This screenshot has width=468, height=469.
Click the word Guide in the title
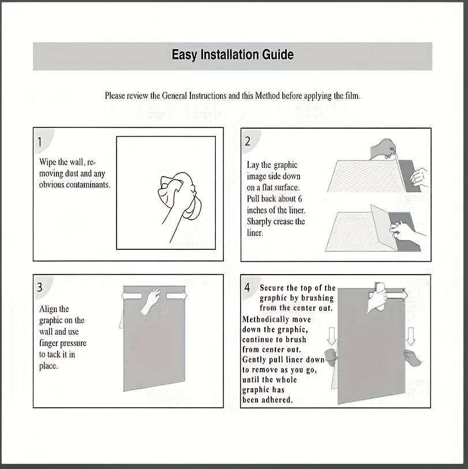click(x=278, y=54)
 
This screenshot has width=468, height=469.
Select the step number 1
click(x=39, y=142)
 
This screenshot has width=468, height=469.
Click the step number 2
click(x=248, y=141)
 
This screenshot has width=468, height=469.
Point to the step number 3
click(x=40, y=287)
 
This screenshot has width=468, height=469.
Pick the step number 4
click(x=247, y=287)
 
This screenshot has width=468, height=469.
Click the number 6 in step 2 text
click(x=300, y=199)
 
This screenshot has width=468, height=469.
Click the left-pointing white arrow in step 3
click(x=132, y=296)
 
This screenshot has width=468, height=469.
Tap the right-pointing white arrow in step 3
click(x=177, y=296)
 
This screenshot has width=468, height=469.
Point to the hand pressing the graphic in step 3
click(x=151, y=301)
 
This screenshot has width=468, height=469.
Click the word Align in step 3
click(x=54, y=309)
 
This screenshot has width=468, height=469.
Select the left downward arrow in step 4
click(x=332, y=336)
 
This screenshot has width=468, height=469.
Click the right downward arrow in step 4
click(x=411, y=336)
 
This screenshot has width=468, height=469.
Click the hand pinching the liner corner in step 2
click(x=383, y=149)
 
